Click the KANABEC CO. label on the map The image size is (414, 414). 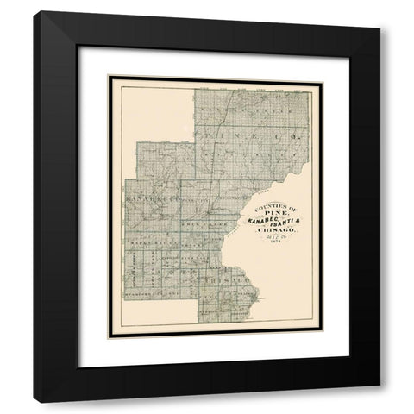pyautogui.click(x=150, y=198)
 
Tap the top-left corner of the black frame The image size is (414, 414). pyautogui.click(x=34, y=12)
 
